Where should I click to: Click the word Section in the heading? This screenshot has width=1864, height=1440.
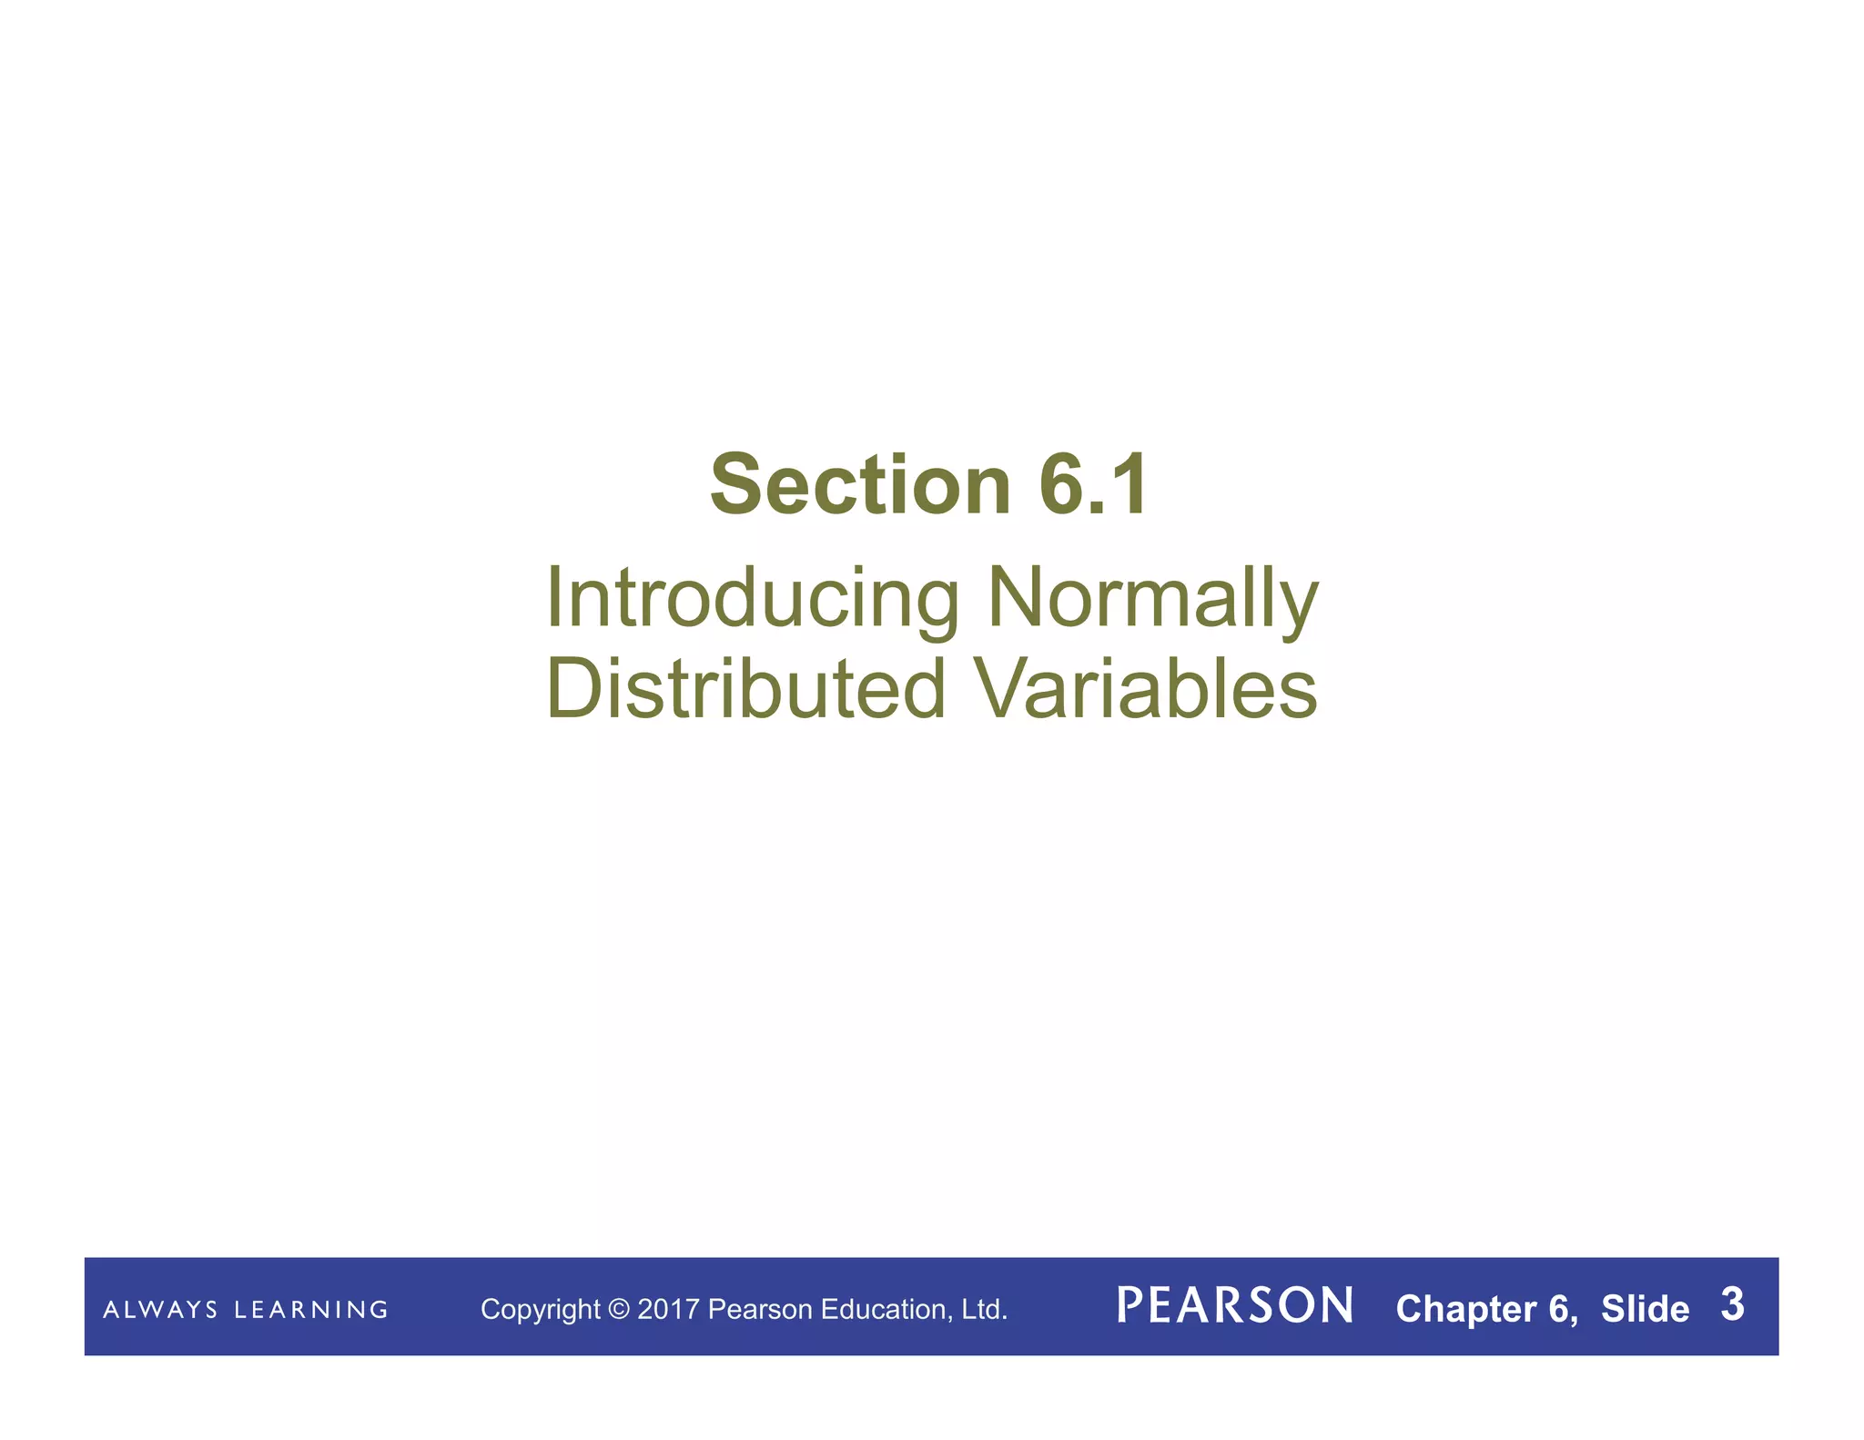(x=860, y=485)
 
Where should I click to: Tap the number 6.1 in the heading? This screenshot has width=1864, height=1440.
(x=1094, y=485)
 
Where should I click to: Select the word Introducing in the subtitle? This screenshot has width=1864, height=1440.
(x=752, y=598)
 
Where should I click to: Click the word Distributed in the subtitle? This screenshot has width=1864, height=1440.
(x=746, y=688)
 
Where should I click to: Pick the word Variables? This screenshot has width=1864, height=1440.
(x=1146, y=688)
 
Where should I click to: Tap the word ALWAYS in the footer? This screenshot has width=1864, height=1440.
(x=160, y=1310)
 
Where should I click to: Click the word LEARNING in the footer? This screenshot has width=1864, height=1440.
(x=311, y=1310)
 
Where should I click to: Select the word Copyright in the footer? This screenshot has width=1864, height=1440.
(x=540, y=1310)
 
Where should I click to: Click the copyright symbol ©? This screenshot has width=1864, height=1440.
(x=619, y=1310)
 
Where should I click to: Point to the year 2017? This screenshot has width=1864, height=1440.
(x=669, y=1310)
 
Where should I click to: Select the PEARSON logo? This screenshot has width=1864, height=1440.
(x=1235, y=1305)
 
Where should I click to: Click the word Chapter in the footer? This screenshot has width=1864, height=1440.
(x=1466, y=1309)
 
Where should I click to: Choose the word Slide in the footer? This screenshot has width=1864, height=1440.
(x=1645, y=1309)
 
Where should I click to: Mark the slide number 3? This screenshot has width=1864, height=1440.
(x=1732, y=1304)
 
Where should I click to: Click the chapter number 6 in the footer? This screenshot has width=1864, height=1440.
(x=1558, y=1309)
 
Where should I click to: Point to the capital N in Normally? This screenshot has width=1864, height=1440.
(x=1019, y=598)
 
